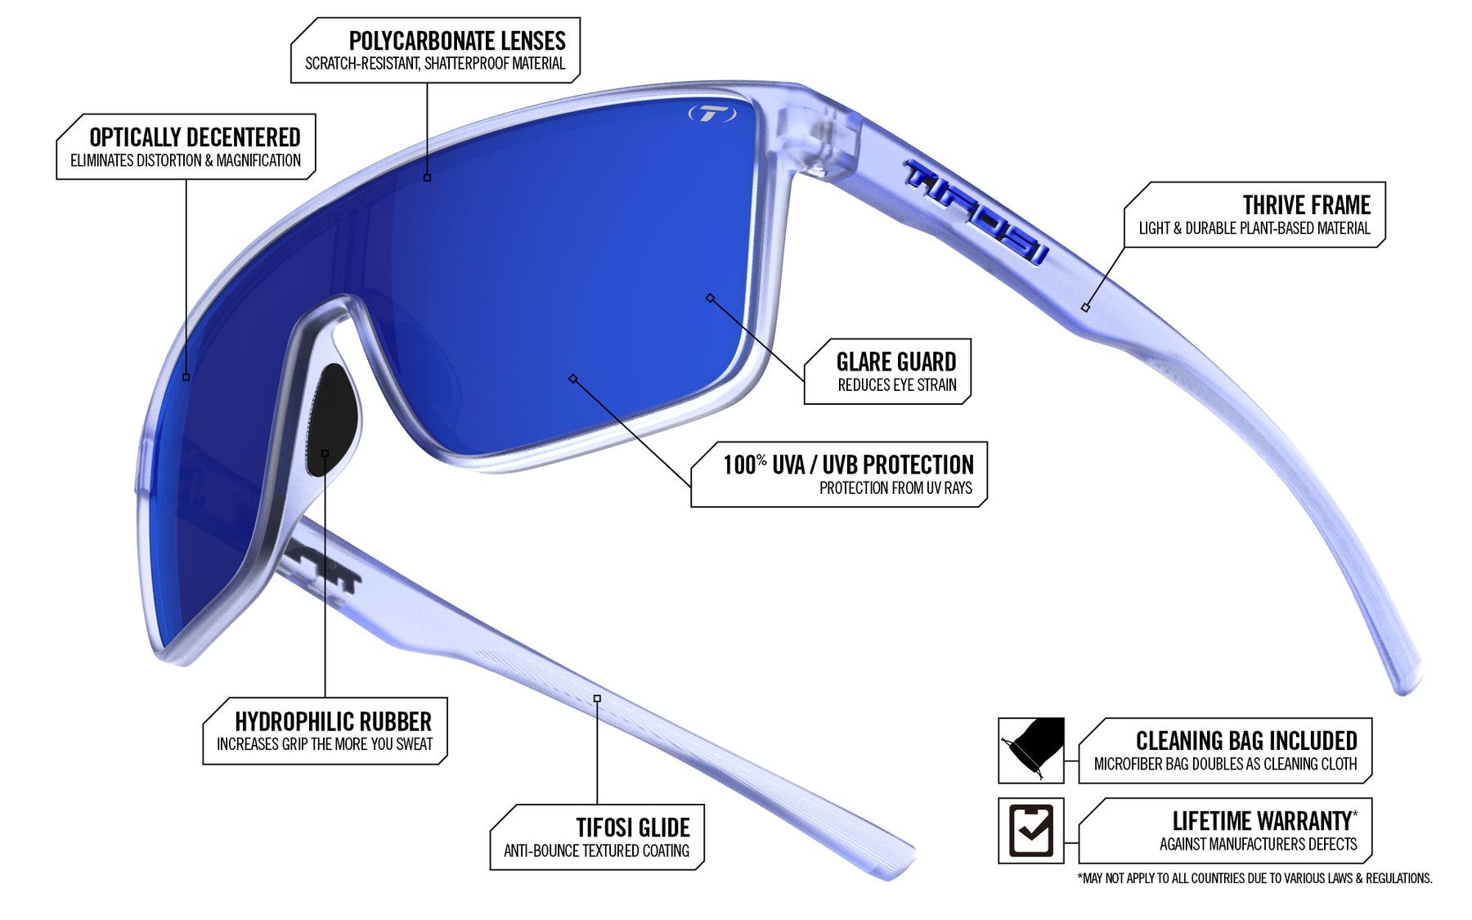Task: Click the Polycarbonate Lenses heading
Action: click(457, 41)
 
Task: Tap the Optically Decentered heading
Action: click(195, 137)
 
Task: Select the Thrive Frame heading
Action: click(1306, 204)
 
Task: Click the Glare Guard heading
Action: click(895, 361)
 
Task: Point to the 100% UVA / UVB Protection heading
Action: click(848, 465)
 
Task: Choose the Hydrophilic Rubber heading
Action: click(333, 721)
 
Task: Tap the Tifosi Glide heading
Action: click(632, 828)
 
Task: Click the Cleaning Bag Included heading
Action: click(1245, 741)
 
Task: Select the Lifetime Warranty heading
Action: click(1263, 820)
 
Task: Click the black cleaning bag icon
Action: click(1031, 749)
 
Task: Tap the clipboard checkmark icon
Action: click(1031, 830)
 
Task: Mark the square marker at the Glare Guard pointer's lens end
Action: click(710, 298)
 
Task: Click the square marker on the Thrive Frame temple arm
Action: click(1085, 307)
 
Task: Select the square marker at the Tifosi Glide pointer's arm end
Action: click(597, 698)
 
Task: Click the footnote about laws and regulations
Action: click(1254, 878)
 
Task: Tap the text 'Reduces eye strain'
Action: click(896, 385)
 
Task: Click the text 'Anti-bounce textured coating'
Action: click(596, 850)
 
